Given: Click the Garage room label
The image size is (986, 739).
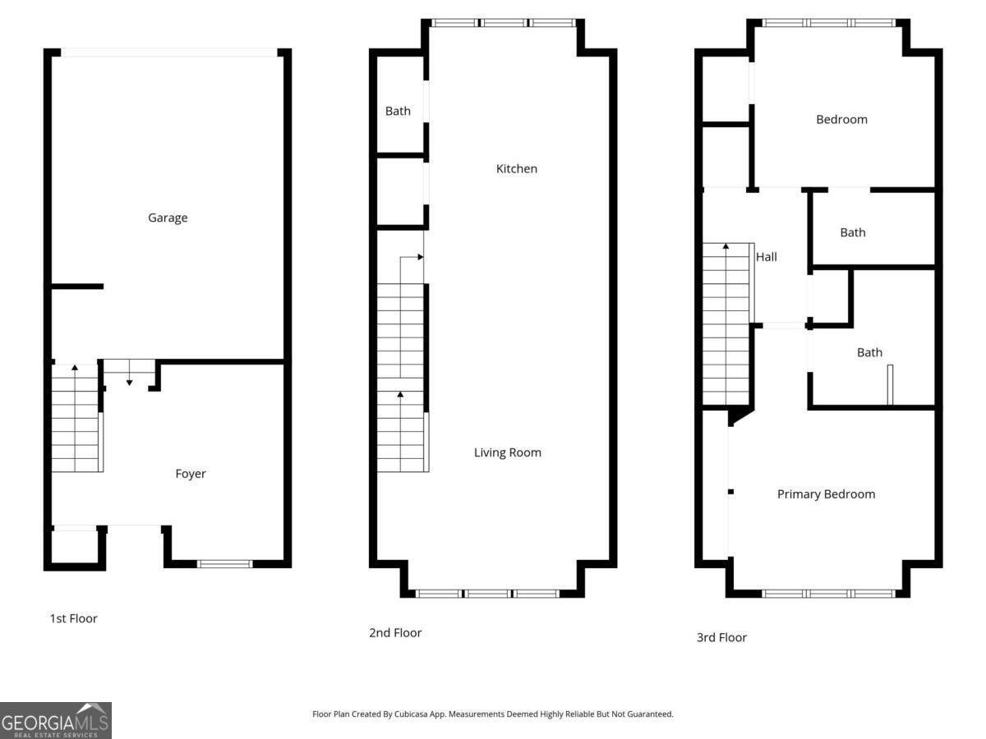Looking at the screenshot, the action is tap(168, 218).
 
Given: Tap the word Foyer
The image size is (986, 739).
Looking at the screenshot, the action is tap(191, 474).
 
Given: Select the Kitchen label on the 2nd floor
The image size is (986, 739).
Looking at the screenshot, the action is tap(516, 168).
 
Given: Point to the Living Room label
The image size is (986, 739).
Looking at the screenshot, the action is tap(507, 452).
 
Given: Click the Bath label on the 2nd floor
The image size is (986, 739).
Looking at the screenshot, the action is tap(398, 111).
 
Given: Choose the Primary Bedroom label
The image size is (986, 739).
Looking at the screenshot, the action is tap(826, 494).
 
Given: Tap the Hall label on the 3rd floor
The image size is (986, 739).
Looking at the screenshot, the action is tap(766, 257).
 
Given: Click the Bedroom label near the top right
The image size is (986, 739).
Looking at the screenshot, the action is tap(841, 119).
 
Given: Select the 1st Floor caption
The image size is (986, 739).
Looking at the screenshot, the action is tap(73, 618).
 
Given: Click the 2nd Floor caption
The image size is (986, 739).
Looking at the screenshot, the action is tap(395, 632).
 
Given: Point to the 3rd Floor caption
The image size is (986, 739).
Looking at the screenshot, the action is tap(721, 637).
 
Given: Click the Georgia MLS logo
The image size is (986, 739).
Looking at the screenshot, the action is tap(56, 720).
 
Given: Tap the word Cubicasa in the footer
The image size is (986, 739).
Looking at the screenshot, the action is tap(411, 714).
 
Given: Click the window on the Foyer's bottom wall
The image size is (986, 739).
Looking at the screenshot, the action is tap(224, 564).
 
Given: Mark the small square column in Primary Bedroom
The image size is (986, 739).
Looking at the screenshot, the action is tap(730, 492).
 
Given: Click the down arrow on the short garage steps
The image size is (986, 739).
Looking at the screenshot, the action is tap(129, 373).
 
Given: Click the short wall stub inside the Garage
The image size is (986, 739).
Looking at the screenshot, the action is tap(77, 287).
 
